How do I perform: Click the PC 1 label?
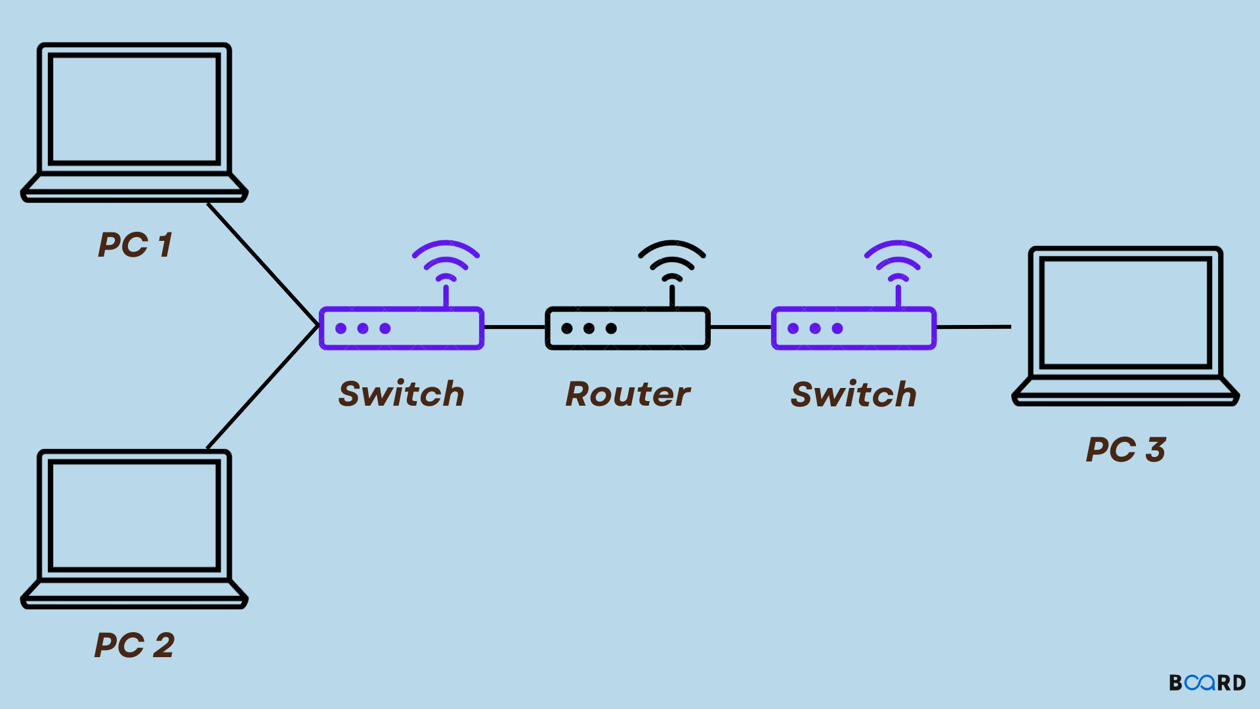[x=135, y=245]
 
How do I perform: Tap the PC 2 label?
[x=135, y=645]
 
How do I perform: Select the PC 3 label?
[x=1126, y=450]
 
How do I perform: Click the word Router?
[x=628, y=394]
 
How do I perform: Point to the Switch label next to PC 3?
[x=853, y=394]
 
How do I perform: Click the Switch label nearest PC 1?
[x=401, y=394]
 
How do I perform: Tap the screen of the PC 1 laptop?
[x=135, y=109]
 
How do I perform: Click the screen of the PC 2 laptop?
[x=135, y=515]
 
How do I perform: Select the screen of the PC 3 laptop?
[x=1125, y=312]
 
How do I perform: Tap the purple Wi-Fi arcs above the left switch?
[x=446, y=260]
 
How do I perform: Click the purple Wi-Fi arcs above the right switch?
[x=898, y=260]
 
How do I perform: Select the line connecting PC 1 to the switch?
[x=262, y=264]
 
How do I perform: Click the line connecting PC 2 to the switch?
[x=262, y=387]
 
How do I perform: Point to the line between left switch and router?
[x=514, y=327]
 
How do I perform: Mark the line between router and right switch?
[x=740, y=327]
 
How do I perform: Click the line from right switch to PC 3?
[x=974, y=327]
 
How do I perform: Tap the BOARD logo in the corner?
[x=1207, y=683]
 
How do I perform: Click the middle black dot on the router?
[x=589, y=328]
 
